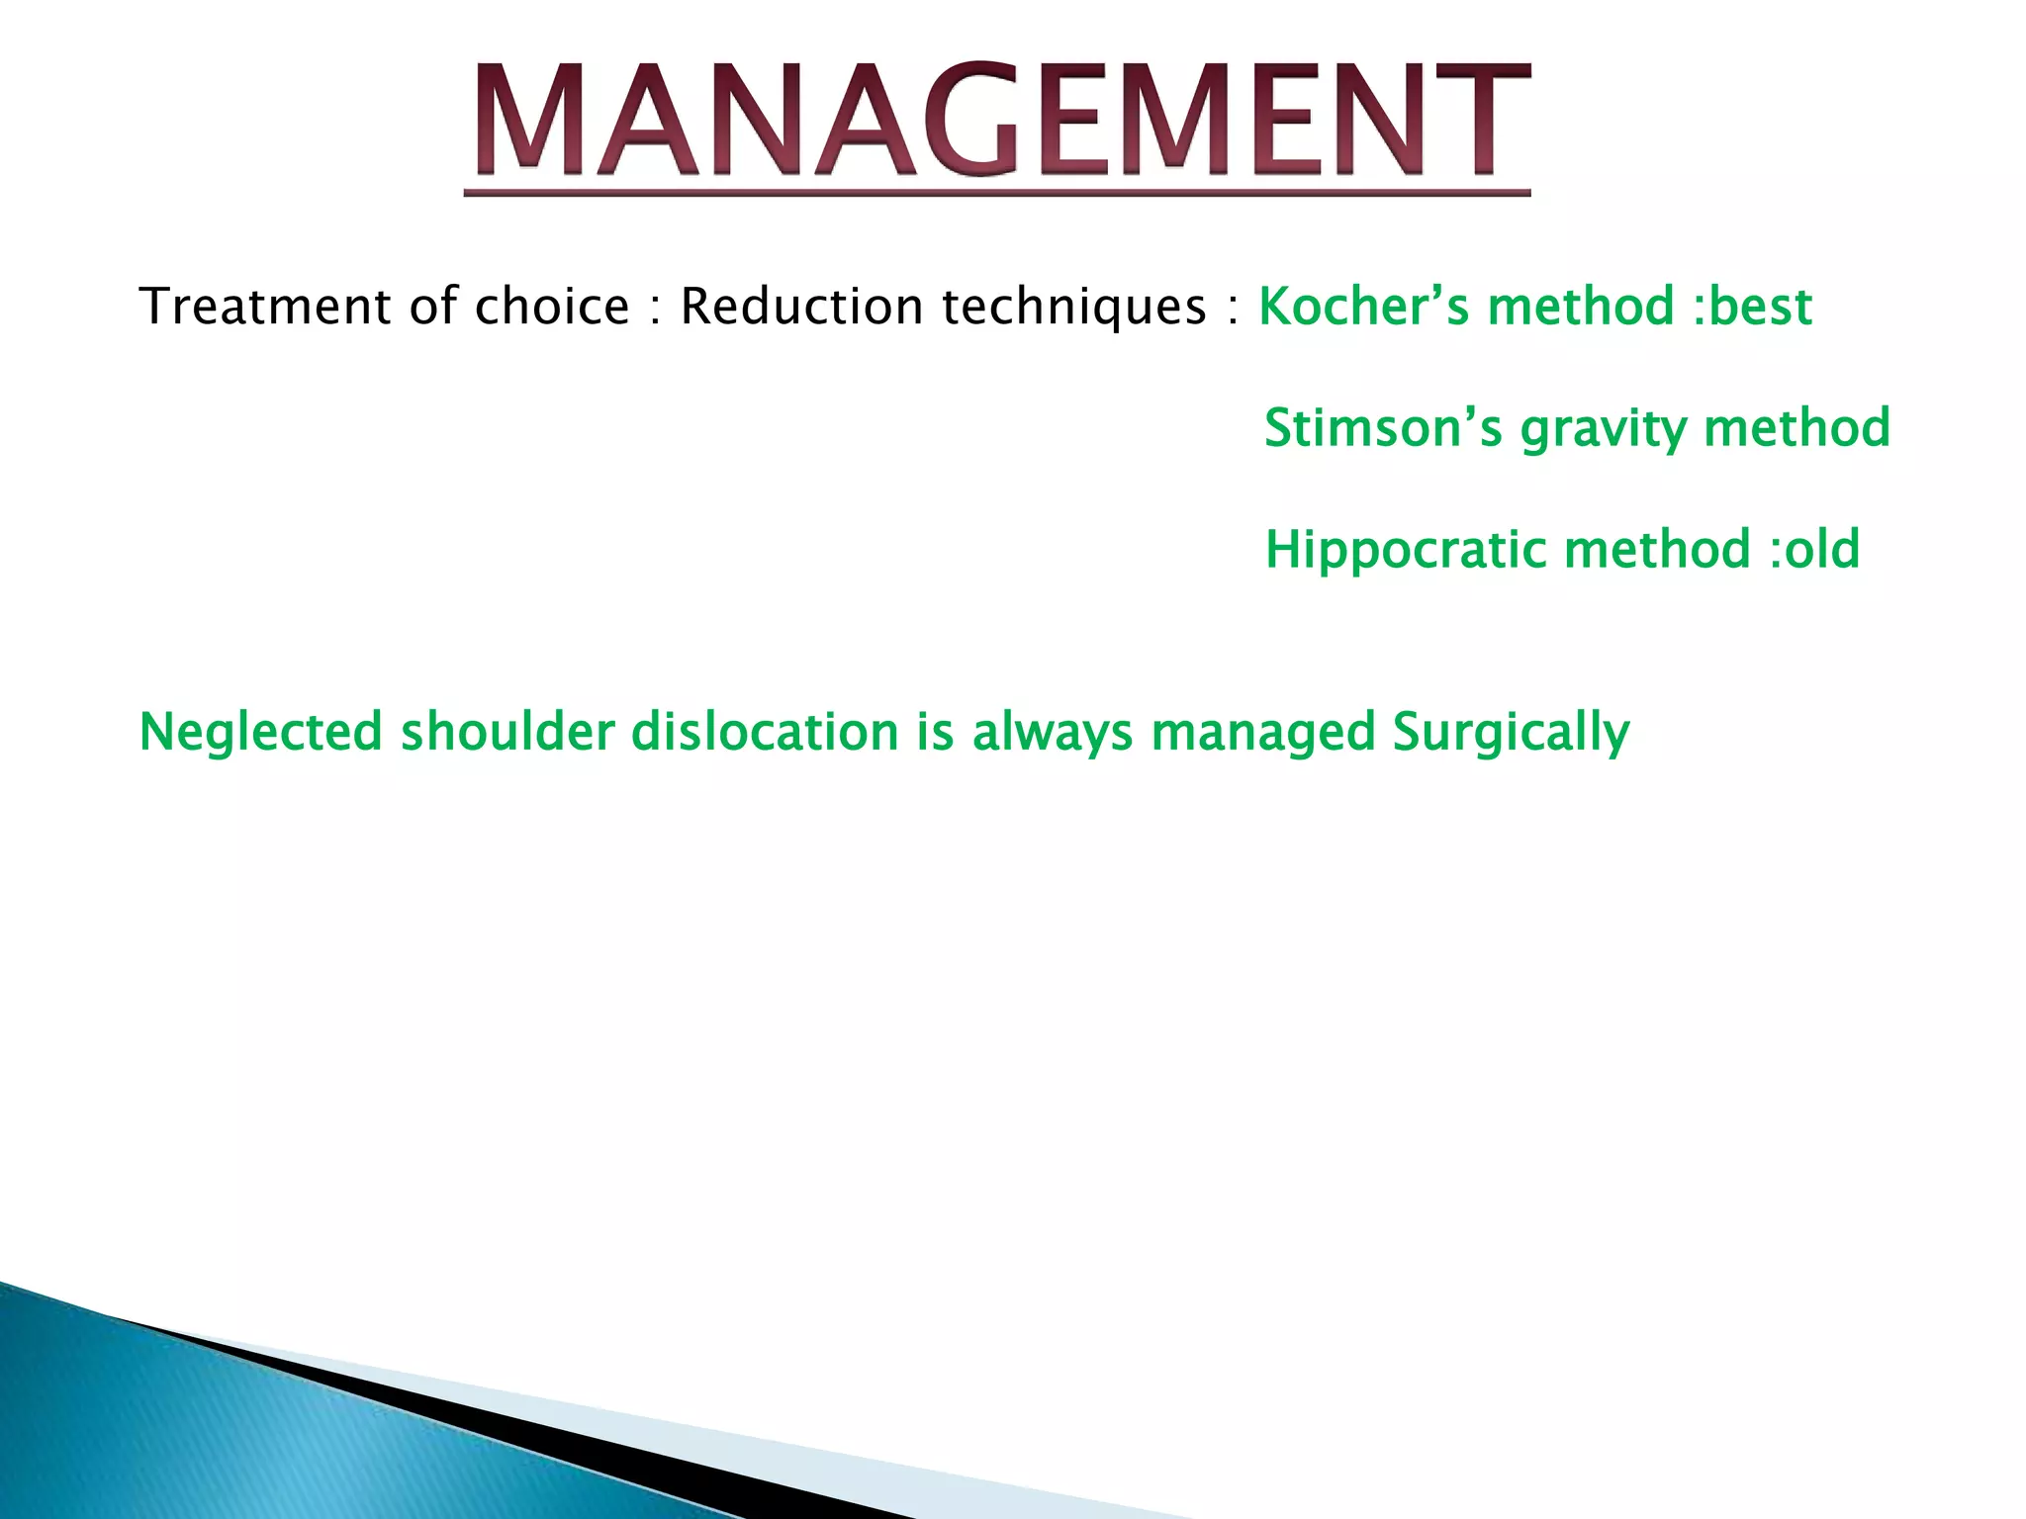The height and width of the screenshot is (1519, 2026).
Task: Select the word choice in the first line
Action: point(552,307)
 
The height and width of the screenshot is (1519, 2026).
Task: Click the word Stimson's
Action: point(1382,428)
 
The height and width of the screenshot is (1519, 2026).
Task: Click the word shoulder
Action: point(507,733)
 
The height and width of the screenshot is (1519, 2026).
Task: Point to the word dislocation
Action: point(765,733)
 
